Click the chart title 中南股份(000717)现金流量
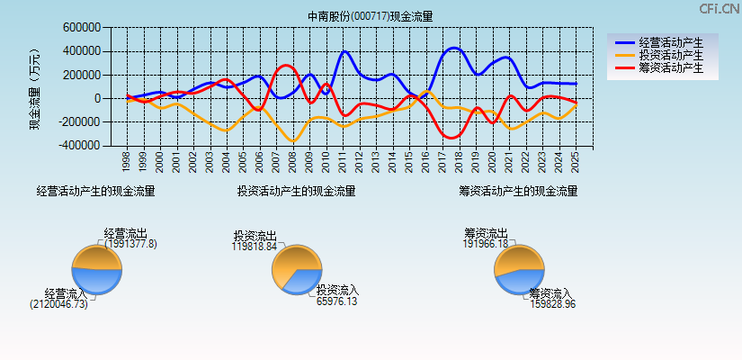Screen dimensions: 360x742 coord(370,16)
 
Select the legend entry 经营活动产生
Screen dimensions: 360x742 coord(671,42)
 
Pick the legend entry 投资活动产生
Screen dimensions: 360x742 coord(671,55)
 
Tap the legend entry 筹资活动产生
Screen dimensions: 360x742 coord(671,67)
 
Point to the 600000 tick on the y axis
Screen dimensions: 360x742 coord(82,28)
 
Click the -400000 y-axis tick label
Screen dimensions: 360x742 coord(79,145)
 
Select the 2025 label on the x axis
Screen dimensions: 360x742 coord(575,162)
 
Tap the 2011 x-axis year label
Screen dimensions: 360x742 coord(343,162)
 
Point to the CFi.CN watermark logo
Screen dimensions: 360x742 coord(720,8)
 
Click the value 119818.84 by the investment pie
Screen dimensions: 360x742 coord(254,246)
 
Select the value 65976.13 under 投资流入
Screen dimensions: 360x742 coord(337,301)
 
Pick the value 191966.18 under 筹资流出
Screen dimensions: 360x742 coord(486,244)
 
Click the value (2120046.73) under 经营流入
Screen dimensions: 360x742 coord(58,304)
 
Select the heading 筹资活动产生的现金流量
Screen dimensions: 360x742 coord(518,191)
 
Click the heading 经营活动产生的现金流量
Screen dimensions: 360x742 coord(95,191)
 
